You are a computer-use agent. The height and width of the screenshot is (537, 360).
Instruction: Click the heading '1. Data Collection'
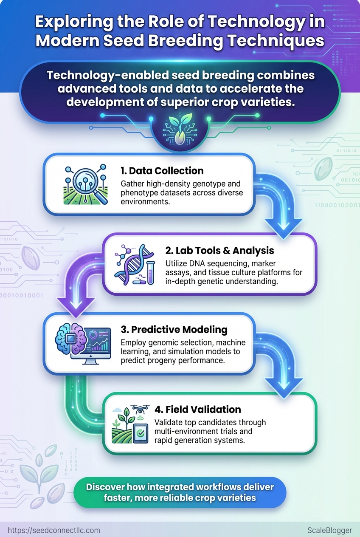click(162, 171)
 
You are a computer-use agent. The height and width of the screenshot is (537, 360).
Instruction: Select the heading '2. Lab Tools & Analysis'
click(219, 250)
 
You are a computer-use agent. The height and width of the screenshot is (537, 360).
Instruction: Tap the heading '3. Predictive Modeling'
click(174, 330)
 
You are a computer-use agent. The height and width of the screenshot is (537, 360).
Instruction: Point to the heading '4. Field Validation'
click(197, 409)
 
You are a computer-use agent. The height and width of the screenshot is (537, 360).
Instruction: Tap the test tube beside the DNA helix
click(150, 273)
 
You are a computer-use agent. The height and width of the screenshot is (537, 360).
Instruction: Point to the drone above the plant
click(140, 409)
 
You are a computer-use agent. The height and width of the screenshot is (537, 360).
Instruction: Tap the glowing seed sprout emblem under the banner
click(180, 130)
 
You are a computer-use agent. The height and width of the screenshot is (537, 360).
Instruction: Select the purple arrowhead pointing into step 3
click(76, 307)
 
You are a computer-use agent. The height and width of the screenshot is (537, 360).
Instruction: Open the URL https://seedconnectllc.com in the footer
click(54, 530)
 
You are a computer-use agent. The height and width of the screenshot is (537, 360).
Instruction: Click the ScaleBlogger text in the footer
click(329, 530)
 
